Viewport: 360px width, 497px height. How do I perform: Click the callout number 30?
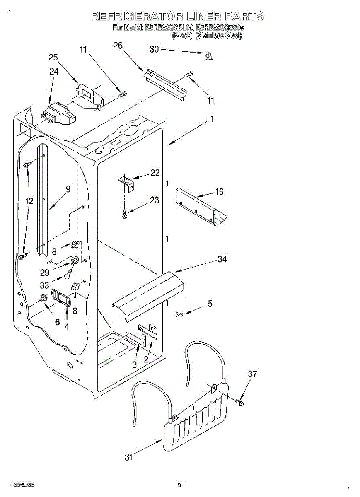pyautogui.click(x=154, y=49)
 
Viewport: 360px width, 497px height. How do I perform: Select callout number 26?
pyautogui.click(x=118, y=46)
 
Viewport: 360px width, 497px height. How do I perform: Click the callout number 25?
pyautogui.click(x=53, y=58)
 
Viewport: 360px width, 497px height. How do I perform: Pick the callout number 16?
pyautogui.click(x=219, y=191)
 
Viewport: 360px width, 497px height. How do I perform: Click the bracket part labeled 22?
pyautogui.click(x=126, y=182)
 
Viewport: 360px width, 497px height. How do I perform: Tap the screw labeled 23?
pyautogui.click(x=125, y=214)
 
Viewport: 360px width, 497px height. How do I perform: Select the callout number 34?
pyautogui.click(x=222, y=259)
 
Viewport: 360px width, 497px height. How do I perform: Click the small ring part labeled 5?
pyautogui.click(x=179, y=316)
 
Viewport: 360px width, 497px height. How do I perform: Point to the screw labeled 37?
pyautogui.click(x=241, y=402)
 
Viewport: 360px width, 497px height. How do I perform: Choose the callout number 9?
pyautogui.click(x=68, y=189)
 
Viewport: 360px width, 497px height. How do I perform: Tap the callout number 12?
pyautogui.click(x=29, y=201)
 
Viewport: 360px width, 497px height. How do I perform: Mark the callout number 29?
pyautogui.click(x=45, y=273)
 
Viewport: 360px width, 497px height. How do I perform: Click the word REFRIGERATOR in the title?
pyautogui.click(x=136, y=16)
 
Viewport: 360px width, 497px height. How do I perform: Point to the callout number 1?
pyautogui.click(x=212, y=119)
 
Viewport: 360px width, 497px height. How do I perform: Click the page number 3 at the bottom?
pyautogui.click(x=179, y=485)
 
